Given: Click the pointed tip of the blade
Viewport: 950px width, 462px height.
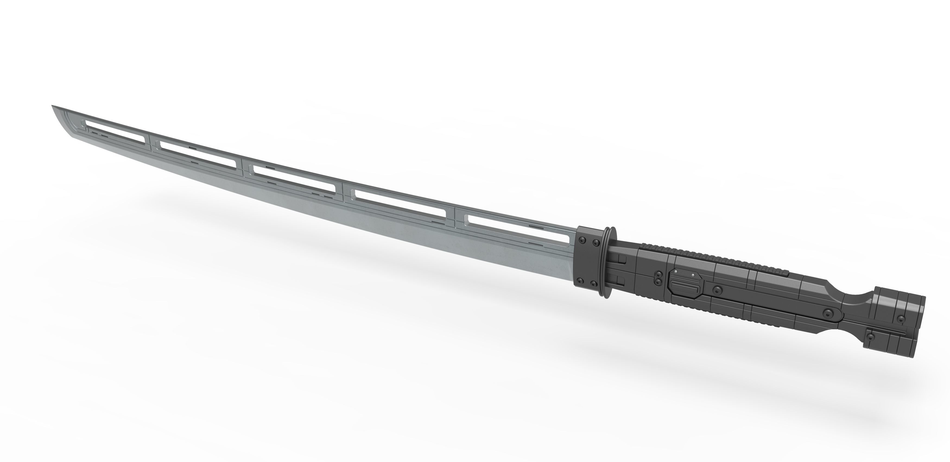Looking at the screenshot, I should [53, 106].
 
